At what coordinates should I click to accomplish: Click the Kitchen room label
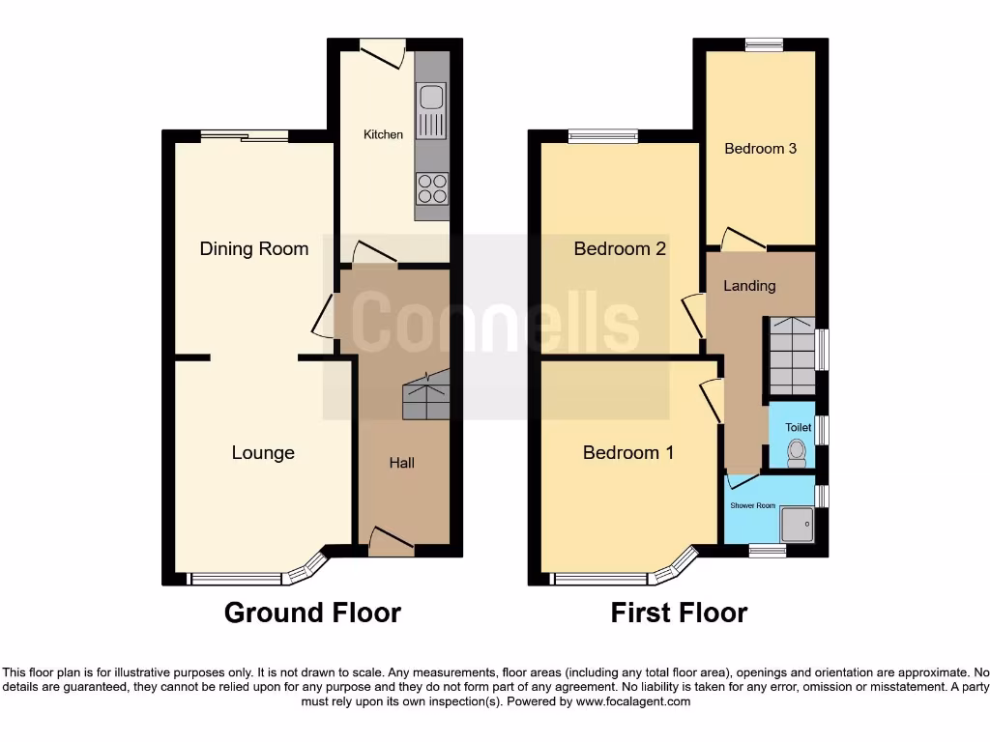383,134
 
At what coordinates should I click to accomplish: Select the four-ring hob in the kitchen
431,187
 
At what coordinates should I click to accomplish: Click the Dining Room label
254,248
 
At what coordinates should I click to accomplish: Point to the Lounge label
263,452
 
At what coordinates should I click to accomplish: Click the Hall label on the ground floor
402,463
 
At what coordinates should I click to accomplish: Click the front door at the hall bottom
392,546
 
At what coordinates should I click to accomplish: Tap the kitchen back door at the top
381,49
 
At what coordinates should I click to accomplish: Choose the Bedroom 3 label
761,149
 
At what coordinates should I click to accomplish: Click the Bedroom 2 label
620,248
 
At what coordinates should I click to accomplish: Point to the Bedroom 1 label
628,452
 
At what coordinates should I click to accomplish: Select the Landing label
749,285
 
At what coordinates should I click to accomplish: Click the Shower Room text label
752,505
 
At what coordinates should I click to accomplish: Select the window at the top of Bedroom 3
764,44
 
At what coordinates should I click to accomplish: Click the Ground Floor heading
312,613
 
